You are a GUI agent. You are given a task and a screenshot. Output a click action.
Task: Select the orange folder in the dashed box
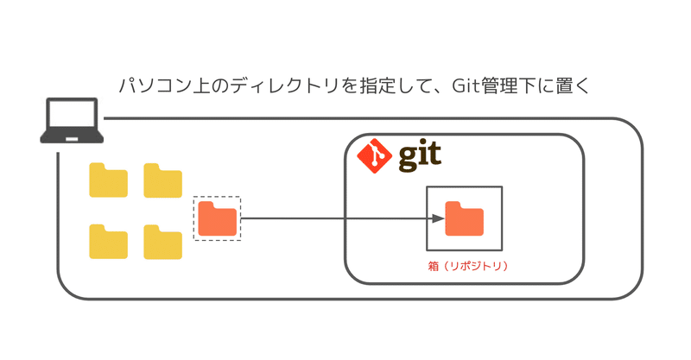[x=217, y=218]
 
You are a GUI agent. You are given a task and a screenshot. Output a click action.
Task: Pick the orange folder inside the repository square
[x=464, y=218]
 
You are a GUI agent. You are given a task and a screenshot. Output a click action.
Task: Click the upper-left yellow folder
[x=109, y=180]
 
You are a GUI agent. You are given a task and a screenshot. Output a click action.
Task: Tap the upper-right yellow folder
[x=163, y=180]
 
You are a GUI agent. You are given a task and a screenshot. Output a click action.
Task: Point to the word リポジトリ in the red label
[x=470, y=265]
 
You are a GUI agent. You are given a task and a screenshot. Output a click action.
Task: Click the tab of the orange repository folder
[x=453, y=205]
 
